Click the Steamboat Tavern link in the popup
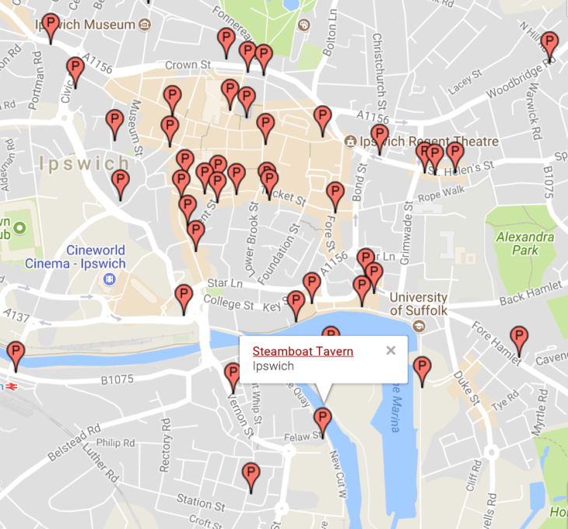[303, 352]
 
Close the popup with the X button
[391, 350]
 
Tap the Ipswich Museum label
[86, 25]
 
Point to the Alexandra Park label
[525, 243]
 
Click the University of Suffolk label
[419, 304]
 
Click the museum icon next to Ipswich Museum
[145, 25]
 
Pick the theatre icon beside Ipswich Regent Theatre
[351, 142]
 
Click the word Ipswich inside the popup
[273, 366]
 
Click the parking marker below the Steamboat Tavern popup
[321, 420]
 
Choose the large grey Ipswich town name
[84, 164]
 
